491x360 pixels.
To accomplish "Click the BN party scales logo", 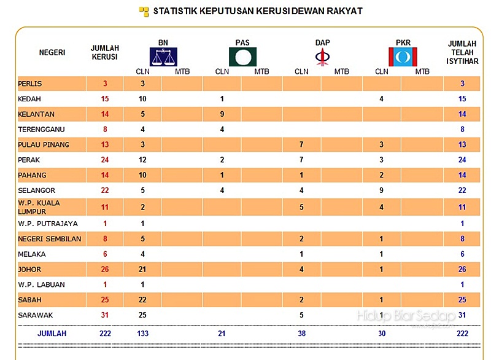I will (163, 57).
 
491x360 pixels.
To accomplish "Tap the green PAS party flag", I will (242, 57).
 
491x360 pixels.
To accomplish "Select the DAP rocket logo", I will (322, 57).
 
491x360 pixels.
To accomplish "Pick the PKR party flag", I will (403, 57).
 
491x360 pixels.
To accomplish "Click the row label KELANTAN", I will (37, 114).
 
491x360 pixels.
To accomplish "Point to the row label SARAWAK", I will (36, 315).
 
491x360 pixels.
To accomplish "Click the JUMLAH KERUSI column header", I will (104, 52).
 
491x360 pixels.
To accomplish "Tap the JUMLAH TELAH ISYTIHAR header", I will (462, 52).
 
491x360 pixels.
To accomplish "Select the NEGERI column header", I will (52, 52).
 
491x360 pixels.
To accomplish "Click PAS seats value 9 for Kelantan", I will (222, 114).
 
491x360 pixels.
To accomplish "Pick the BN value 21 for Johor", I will (142, 270).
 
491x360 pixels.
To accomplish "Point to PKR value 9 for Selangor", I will (381, 190).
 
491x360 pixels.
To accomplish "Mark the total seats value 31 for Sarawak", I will (105, 315).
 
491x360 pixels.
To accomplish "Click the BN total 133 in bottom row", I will (142, 333).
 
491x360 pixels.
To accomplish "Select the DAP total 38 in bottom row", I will (301, 333).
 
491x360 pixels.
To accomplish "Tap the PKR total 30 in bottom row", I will (381, 333).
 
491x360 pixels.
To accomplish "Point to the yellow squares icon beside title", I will (144, 11).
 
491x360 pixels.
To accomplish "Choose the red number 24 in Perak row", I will (105, 160).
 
